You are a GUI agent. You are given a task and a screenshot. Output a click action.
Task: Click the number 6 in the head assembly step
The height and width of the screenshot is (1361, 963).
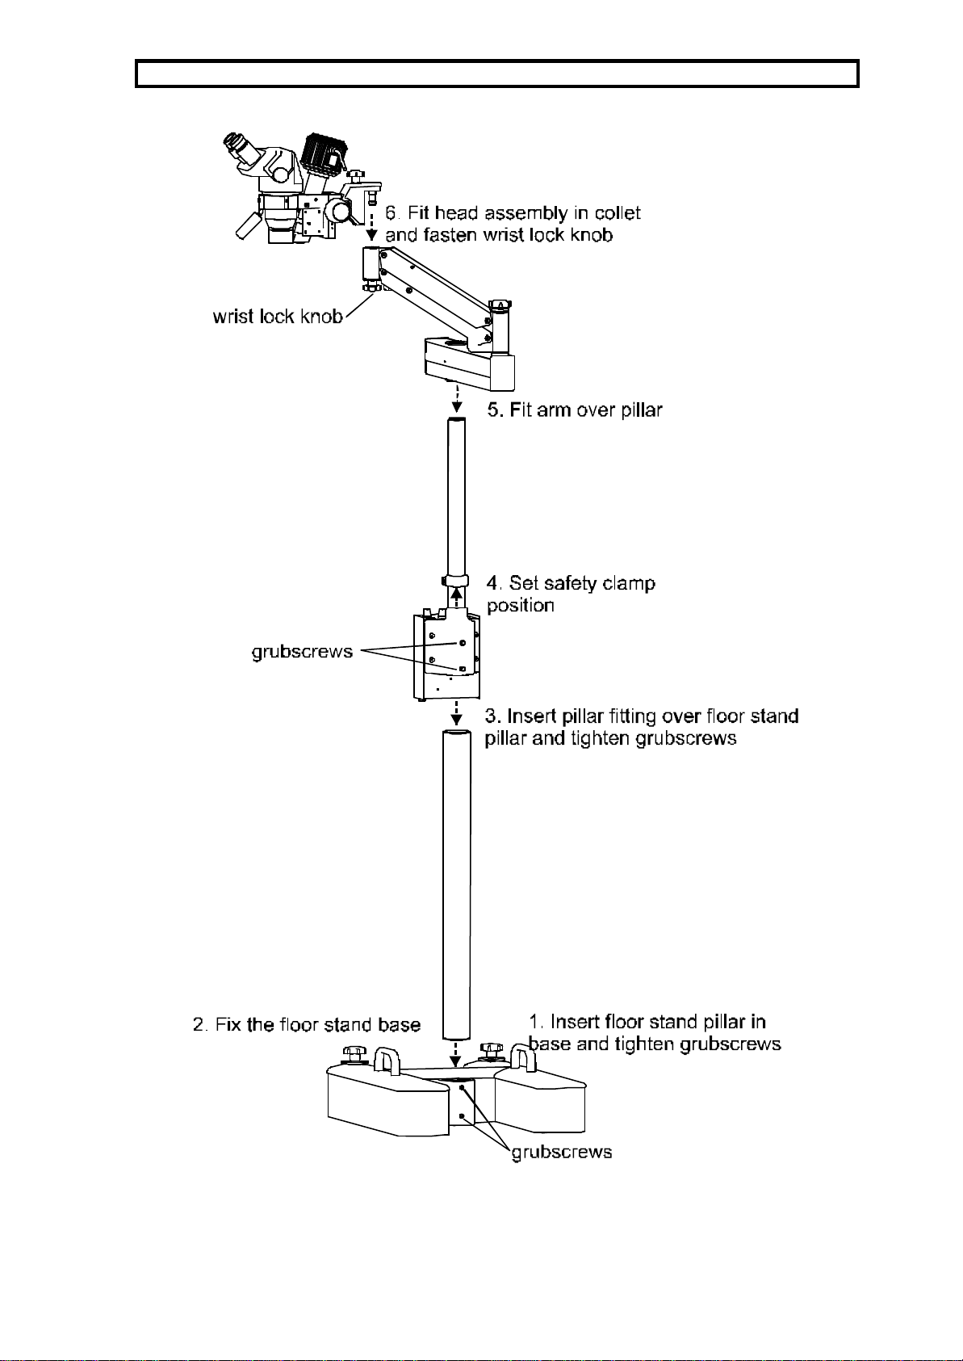pyautogui.click(x=391, y=213)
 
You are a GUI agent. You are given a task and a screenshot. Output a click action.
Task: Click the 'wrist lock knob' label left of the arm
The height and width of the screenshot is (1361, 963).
pyautogui.click(x=278, y=317)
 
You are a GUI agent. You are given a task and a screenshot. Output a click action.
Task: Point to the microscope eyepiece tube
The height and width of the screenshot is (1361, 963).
pyautogui.click(x=239, y=147)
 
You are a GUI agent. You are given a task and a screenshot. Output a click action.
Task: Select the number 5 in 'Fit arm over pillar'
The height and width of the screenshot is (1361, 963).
pyautogui.click(x=495, y=410)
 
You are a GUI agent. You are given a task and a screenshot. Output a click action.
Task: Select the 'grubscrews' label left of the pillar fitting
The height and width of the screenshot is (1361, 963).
pyautogui.click(x=303, y=652)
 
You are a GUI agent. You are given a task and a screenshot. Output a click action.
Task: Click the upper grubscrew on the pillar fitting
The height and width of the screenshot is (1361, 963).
pyautogui.click(x=463, y=643)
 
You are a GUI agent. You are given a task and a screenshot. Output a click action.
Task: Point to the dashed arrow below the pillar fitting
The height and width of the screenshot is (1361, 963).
pyautogui.click(x=456, y=712)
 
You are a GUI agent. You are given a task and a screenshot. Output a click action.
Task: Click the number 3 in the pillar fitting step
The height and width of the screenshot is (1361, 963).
pyautogui.click(x=492, y=716)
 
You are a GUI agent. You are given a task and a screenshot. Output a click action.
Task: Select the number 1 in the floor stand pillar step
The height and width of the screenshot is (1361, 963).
pyautogui.click(x=535, y=1022)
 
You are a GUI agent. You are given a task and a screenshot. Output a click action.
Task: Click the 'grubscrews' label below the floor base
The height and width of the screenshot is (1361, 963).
pyautogui.click(x=562, y=1152)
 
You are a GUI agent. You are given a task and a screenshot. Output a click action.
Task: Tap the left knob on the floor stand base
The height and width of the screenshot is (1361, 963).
pyautogui.click(x=354, y=1054)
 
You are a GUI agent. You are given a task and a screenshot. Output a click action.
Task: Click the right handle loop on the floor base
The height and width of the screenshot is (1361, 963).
pyautogui.click(x=523, y=1059)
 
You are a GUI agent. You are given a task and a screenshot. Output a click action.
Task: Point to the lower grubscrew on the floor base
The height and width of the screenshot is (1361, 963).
pyautogui.click(x=463, y=1115)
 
